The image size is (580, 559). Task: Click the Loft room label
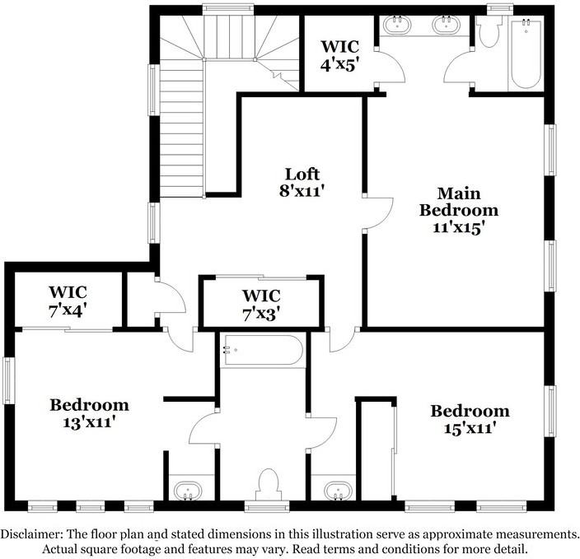(x=302, y=175)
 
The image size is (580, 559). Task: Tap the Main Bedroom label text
(x=458, y=202)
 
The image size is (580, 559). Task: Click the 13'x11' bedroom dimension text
(x=88, y=422)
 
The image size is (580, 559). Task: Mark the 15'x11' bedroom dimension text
(x=470, y=428)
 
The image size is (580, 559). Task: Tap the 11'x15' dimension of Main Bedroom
(x=458, y=226)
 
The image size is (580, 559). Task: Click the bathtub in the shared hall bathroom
(x=262, y=350)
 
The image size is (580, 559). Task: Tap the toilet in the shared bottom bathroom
(x=269, y=484)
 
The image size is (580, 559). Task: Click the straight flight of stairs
(x=181, y=132)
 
